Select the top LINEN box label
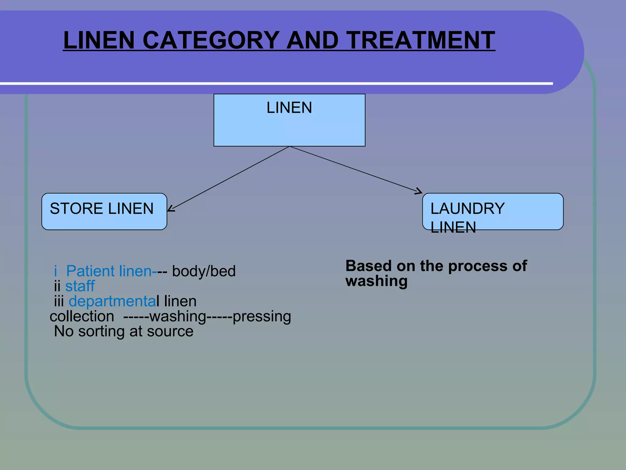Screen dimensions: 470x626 pyautogui.click(x=289, y=108)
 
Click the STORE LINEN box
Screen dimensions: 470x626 pyautogui.click(x=104, y=211)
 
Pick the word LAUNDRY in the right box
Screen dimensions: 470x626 pyautogui.click(x=467, y=209)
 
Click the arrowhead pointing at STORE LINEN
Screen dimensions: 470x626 pyautogui.click(x=170, y=209)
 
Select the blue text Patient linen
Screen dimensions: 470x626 pyautogui.click(x=109, y=271)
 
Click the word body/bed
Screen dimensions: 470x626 pyautogui.click(x=204, y=271)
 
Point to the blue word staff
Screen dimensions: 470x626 pyautogui.click(x=80, y=286)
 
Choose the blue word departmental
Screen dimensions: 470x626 pyautogui.click(x=112, y=301)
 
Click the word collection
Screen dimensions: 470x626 pyautogui.click(x=82, y=316)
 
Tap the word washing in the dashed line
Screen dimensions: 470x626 pyautogui.click(x=178, y=316)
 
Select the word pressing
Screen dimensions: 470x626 pyautogui.click(x=262, y=316)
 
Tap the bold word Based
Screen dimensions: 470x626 pyautogui.click(x=368, y=266)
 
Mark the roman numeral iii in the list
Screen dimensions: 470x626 pyautogui.click(x=59, y=301)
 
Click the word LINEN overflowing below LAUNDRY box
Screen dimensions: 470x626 pyautogui.click(x=453, y=227)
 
